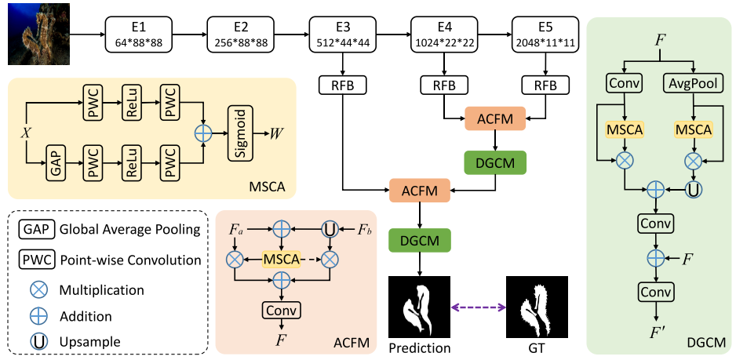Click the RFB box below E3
[x=343, y=85]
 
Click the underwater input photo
[x=38, y=34]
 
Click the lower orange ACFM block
[x=420, y=189]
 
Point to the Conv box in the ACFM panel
[x=280, y=311]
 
